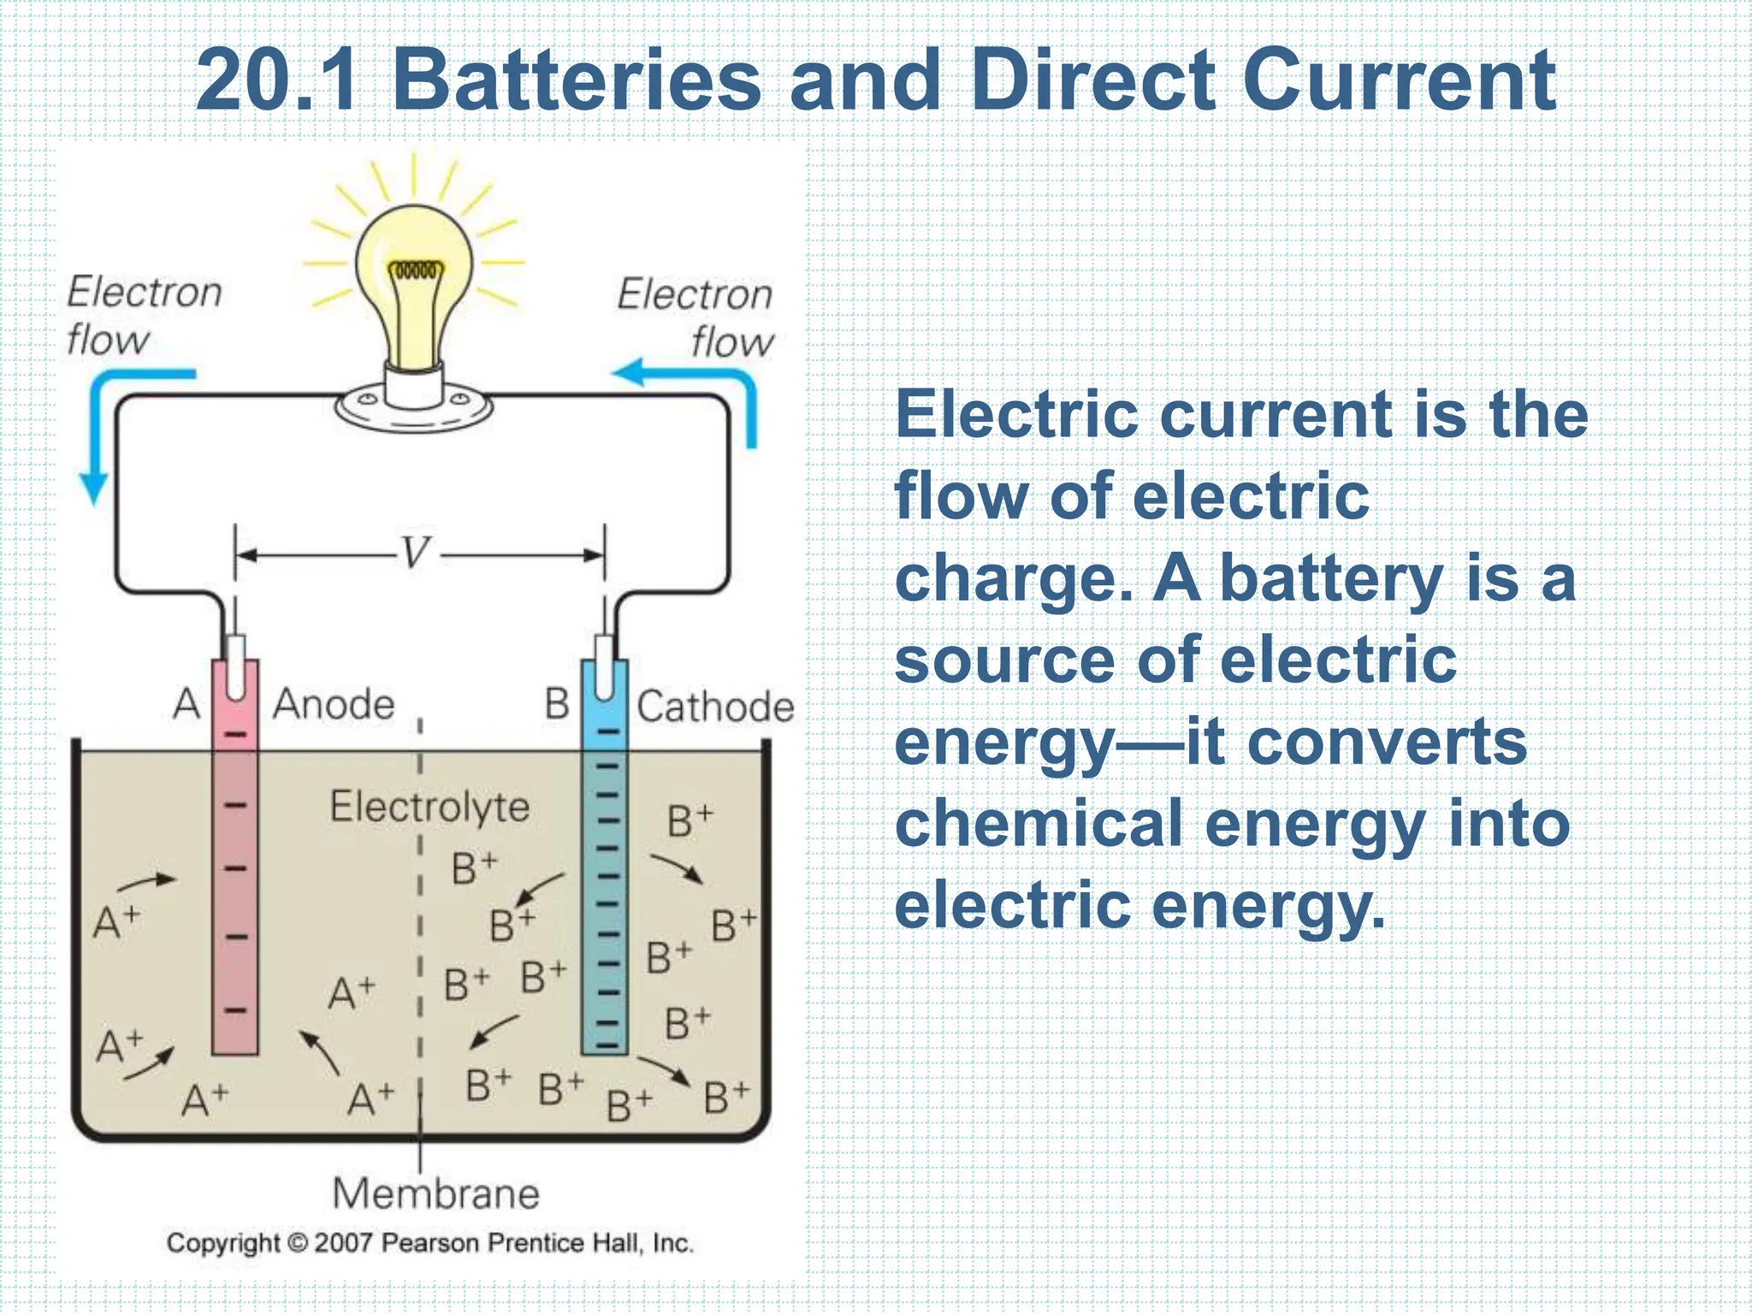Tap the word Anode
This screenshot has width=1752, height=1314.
(x=334, y=705)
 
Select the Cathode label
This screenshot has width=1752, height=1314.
(x=715, y=707)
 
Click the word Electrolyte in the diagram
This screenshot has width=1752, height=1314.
(x=429, y=807)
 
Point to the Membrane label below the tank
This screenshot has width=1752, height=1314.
(x=436, y=1193)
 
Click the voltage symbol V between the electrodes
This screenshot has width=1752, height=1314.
(x=416, y=553)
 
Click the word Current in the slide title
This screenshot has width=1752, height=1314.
(x=1403, y=80)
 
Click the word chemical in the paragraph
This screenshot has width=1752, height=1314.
(x=1038, y=824)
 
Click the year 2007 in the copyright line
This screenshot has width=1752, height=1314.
(x=343, y=1243)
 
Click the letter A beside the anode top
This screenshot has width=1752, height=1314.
(x=186, y=705)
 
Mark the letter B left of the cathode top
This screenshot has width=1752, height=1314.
(x=557, y=705)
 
